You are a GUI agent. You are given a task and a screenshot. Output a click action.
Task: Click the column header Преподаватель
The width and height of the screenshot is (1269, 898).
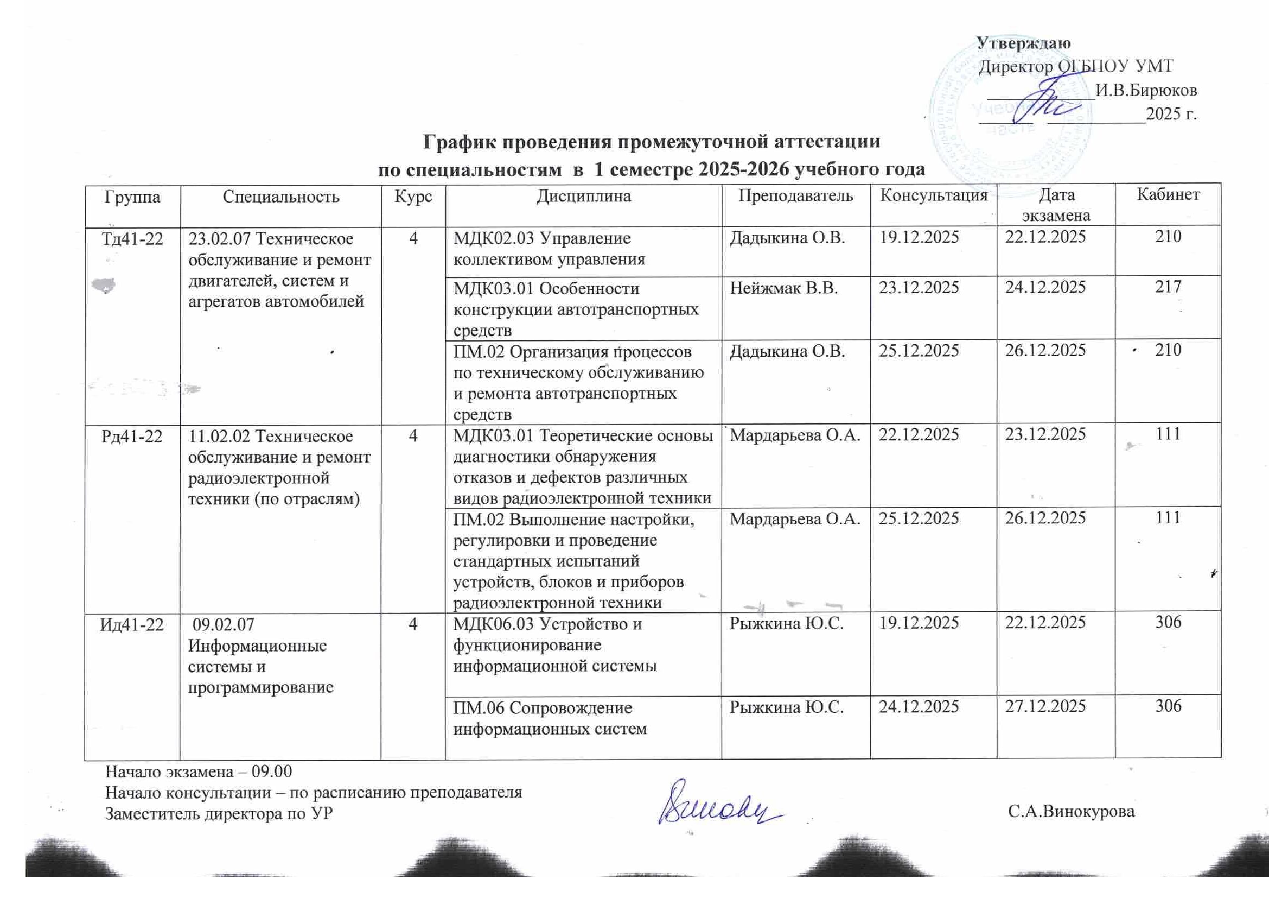pos(795,196)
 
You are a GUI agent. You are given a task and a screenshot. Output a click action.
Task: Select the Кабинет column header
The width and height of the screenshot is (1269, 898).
pos(1168,195)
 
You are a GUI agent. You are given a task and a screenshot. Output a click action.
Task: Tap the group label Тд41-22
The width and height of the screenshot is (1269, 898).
pos(132,239)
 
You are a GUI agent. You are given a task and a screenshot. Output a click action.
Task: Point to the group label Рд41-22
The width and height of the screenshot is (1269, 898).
pos(132,437)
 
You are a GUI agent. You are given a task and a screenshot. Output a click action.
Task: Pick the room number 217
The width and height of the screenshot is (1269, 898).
pos(1168,287)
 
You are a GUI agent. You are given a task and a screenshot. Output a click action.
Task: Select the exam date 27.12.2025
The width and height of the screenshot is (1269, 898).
pos(1045,707)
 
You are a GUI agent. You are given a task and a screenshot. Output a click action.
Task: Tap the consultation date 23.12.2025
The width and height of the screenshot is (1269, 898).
pos(919,288)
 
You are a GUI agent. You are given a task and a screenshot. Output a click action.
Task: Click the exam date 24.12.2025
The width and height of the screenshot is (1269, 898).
pos(1045,288)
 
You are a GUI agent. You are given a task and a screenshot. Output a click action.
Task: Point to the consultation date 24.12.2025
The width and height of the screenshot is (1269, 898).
pos(919,707)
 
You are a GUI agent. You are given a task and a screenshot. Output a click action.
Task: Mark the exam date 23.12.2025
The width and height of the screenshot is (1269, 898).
pos(1045,435)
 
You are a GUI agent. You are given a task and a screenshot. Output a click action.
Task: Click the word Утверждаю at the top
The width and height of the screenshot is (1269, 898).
pos(1024,43)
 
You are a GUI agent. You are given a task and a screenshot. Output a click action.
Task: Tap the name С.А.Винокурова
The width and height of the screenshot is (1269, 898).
pos(1071,812)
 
